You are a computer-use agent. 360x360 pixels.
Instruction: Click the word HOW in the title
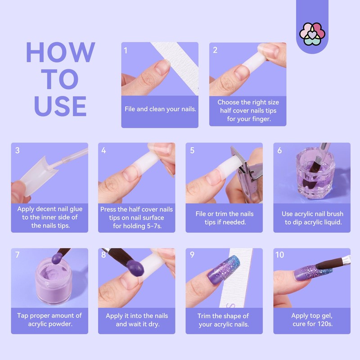click(x=60, y=53)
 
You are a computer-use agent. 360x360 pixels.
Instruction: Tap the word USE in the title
click(x=60, y=106)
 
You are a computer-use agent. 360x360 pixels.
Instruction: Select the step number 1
click(x=126, y=50)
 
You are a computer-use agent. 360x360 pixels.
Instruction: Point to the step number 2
click(x=215, y=50)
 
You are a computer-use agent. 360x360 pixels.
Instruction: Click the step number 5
click(x=192, y=150)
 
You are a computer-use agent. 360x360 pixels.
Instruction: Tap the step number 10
click(x=280, y=255)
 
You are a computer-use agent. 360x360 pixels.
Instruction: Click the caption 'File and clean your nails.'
click(x=160, y=109)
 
